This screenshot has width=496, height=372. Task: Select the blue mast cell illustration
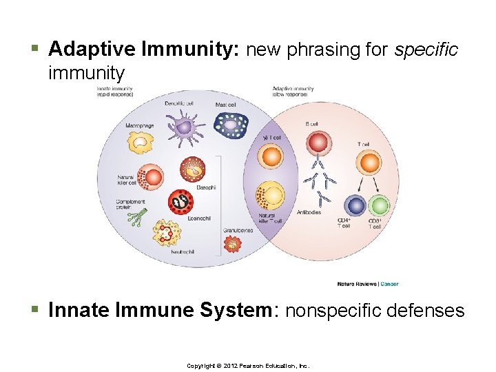[x=229, y=125]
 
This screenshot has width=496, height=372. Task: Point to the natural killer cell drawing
[x=154, y=178]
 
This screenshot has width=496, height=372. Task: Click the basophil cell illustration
[x=192, y=169]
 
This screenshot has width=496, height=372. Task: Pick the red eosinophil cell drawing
[x=180, y=202]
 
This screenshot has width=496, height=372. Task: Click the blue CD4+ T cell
[x=354, y=206]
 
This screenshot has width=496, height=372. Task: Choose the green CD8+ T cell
[x=379, y=206]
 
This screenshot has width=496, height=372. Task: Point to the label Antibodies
[x=309, y=212]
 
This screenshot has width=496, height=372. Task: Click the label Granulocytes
[x=238, y=230]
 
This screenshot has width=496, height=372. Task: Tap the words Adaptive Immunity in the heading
[x=145, y=50]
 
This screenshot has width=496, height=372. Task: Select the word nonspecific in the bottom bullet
[x=336, y=311]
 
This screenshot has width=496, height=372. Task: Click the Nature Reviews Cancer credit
[x=367, y=284]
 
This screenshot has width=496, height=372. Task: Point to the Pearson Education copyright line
[x=248, y=365]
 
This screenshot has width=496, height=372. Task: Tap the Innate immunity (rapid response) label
[x=116, y=92]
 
